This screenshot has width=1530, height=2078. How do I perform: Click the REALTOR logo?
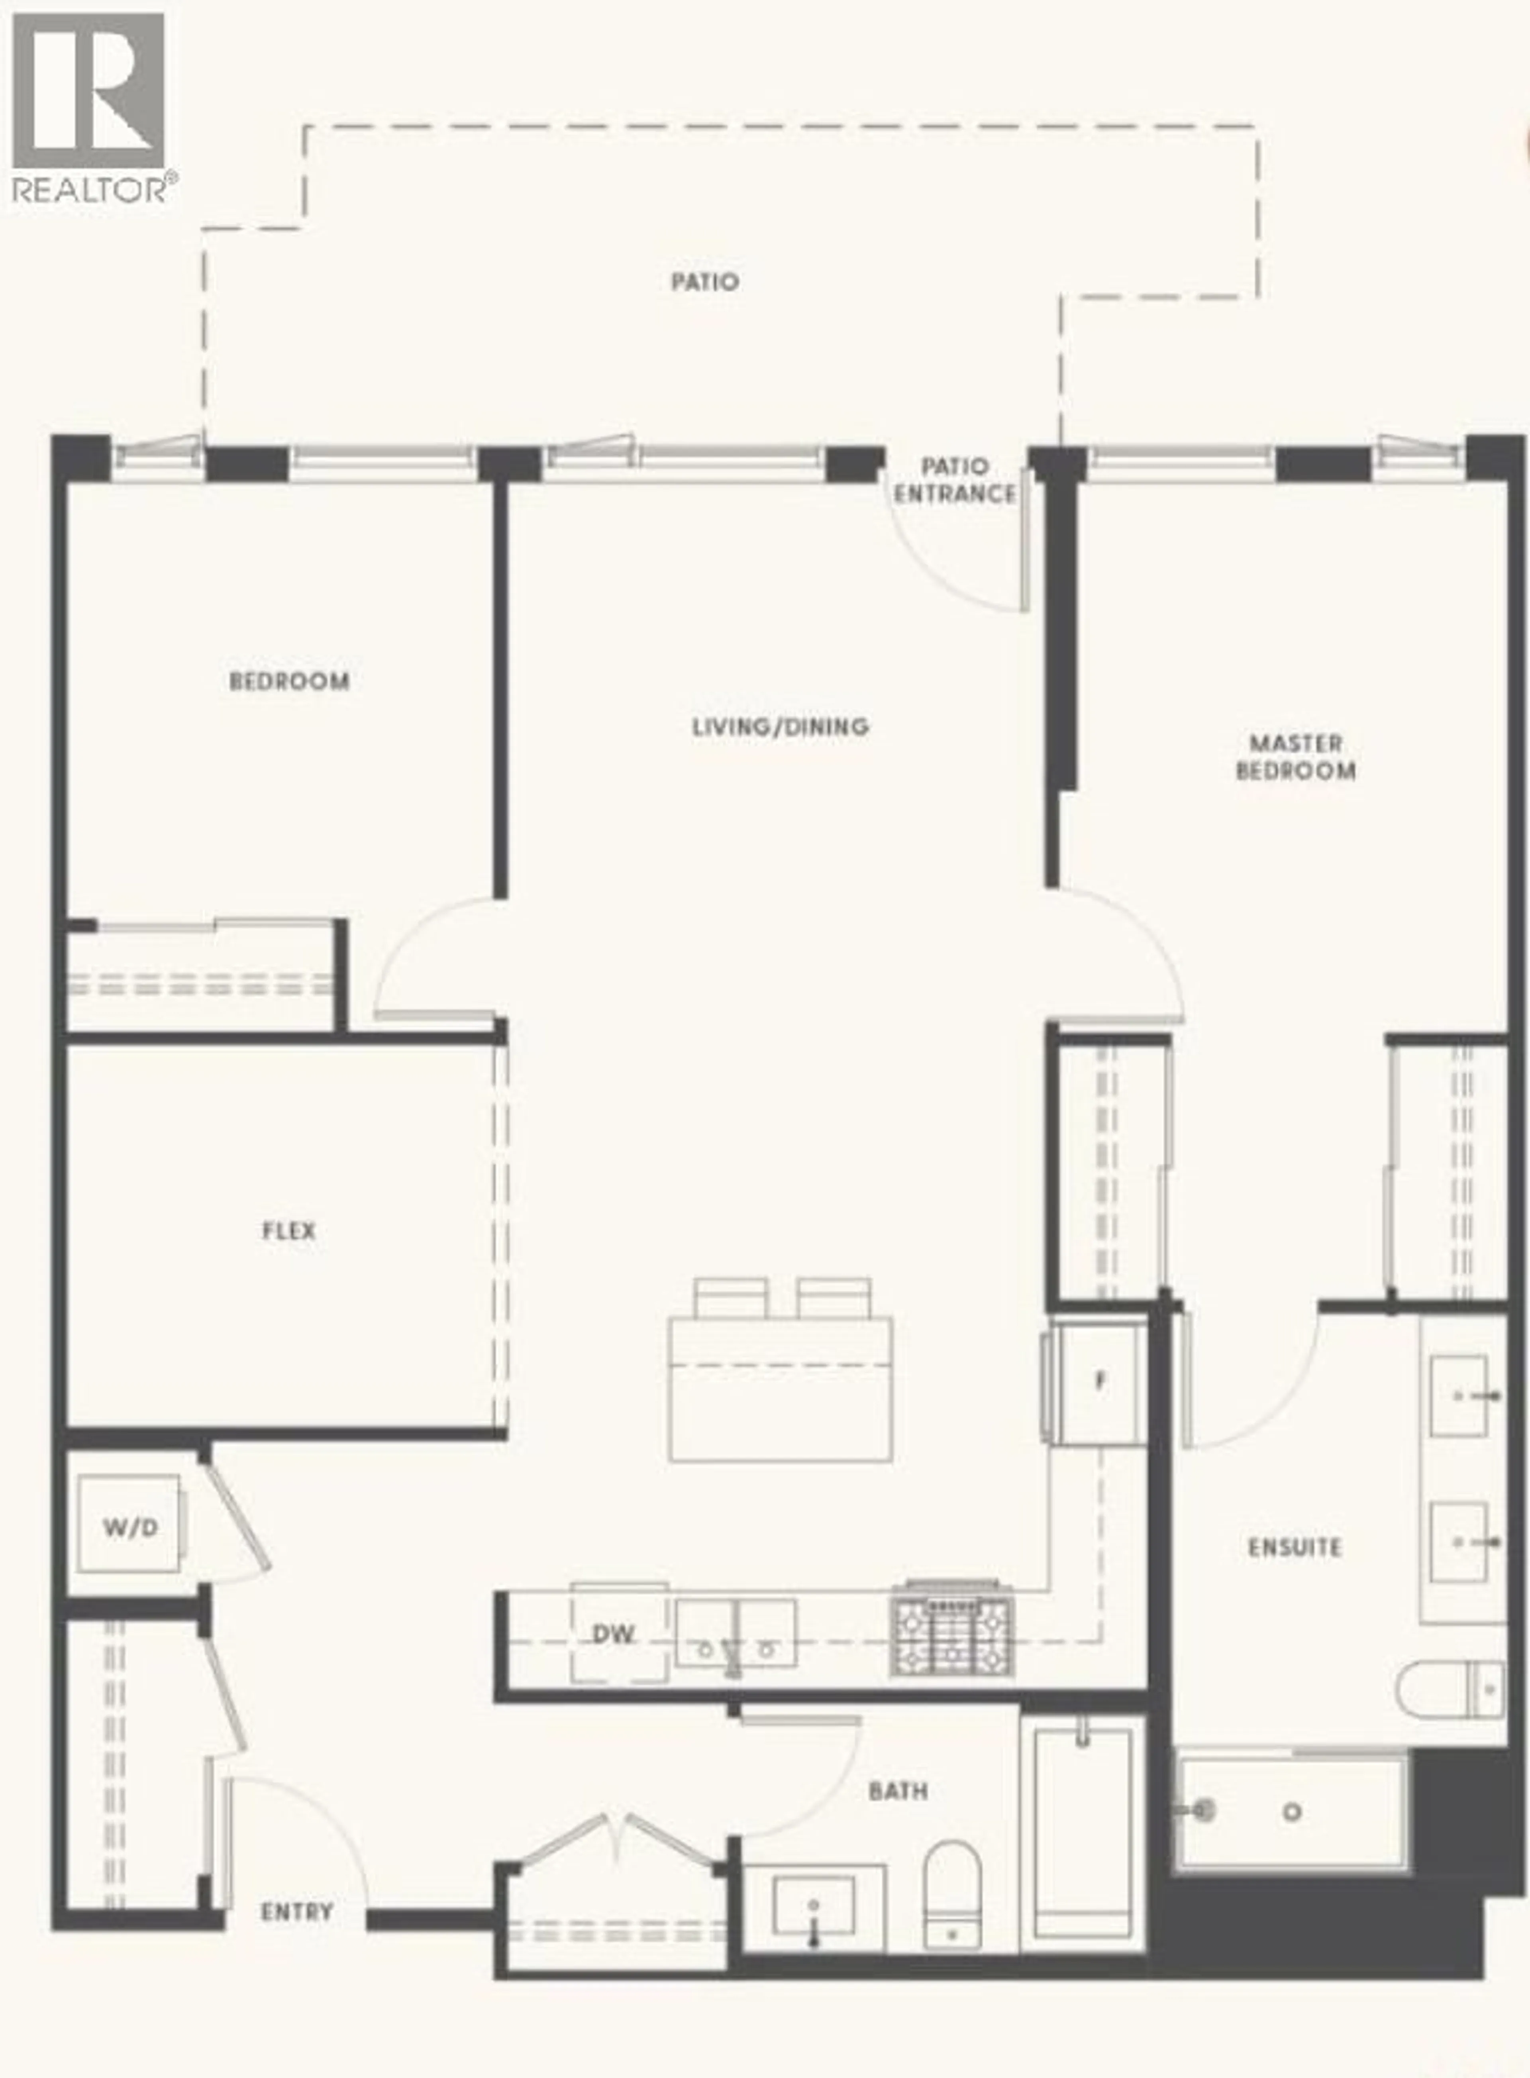point(90,106)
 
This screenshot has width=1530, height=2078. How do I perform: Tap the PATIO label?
point(705,281)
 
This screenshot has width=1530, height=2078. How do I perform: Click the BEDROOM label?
point(289,681)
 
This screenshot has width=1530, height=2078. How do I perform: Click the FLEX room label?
point(289,1231)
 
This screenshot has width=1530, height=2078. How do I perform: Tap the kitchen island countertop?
point(780,1389)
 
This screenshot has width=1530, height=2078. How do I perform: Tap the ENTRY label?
point(296,1911)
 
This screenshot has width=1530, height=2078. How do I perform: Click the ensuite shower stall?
point(1292,1810)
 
